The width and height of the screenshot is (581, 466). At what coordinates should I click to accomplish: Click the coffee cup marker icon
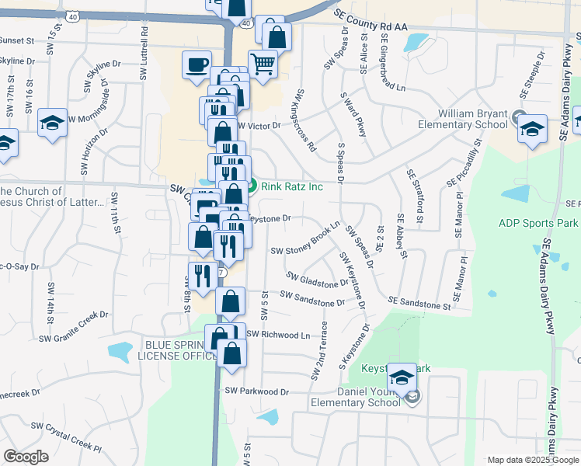tap(197, 64)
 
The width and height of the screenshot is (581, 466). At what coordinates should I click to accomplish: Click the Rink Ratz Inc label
tap(291, 186)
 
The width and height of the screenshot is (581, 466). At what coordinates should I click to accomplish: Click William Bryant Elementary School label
tap(462, 119)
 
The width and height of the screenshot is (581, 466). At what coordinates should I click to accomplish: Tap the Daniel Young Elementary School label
tap(356, 398)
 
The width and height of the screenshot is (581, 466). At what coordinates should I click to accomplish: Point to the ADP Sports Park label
tap(537, 223)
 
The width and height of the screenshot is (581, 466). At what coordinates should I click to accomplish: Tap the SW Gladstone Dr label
tap(317, 280)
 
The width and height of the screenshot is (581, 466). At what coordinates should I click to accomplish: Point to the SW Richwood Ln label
tap(277, 335)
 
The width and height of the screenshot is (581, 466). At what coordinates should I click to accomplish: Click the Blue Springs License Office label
tap(177, 350)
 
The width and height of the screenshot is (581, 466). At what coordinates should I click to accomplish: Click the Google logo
tap(26, 457)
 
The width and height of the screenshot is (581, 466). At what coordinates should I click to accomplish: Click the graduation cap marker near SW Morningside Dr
tap(52, 122)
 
